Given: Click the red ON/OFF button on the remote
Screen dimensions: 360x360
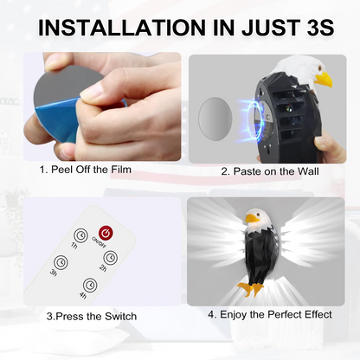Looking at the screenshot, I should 106,233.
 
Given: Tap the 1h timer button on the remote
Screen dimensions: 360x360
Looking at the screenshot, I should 80,235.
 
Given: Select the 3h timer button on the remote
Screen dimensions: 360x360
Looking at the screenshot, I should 61,263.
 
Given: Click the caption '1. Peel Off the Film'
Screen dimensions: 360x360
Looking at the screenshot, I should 86,169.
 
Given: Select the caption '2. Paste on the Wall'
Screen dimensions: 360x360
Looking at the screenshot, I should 270,170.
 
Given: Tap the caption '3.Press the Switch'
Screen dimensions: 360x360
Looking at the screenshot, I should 91,317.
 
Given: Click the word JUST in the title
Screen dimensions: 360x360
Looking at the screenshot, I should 246,27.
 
